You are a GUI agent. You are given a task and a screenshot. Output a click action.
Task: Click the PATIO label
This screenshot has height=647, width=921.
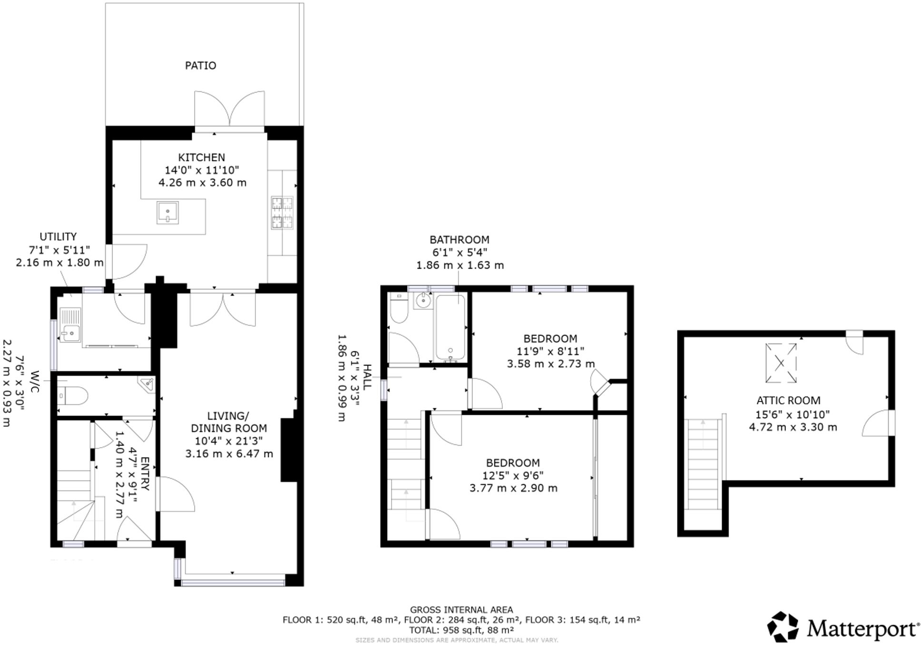200,66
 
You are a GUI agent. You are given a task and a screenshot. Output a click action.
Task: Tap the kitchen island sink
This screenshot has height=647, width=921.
167,213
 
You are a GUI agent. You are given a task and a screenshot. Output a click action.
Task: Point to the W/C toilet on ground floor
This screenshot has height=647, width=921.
72,395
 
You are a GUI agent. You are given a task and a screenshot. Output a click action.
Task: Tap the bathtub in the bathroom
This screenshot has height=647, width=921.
450,328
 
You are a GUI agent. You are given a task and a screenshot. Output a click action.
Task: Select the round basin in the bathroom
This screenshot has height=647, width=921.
422,301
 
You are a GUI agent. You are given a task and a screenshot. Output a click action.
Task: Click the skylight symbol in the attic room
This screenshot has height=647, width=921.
781,363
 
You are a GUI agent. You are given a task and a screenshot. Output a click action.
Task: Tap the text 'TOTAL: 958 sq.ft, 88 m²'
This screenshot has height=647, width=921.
460,630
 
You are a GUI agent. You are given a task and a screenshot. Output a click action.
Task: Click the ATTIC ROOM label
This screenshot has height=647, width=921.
788,401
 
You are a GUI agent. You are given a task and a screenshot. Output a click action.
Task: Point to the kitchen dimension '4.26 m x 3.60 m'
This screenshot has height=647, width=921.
202,183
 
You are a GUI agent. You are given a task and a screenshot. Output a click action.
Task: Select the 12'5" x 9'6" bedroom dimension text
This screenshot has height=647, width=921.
513,475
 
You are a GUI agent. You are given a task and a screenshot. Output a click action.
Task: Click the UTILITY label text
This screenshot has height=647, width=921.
58,236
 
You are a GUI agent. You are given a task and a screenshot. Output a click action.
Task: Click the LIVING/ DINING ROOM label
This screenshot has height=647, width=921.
228,422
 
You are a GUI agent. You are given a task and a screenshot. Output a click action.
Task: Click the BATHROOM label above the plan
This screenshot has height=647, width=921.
459,240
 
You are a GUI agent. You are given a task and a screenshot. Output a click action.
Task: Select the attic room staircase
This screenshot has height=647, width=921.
703,464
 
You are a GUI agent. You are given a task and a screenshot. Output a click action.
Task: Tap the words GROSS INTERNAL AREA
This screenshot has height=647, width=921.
461,609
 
